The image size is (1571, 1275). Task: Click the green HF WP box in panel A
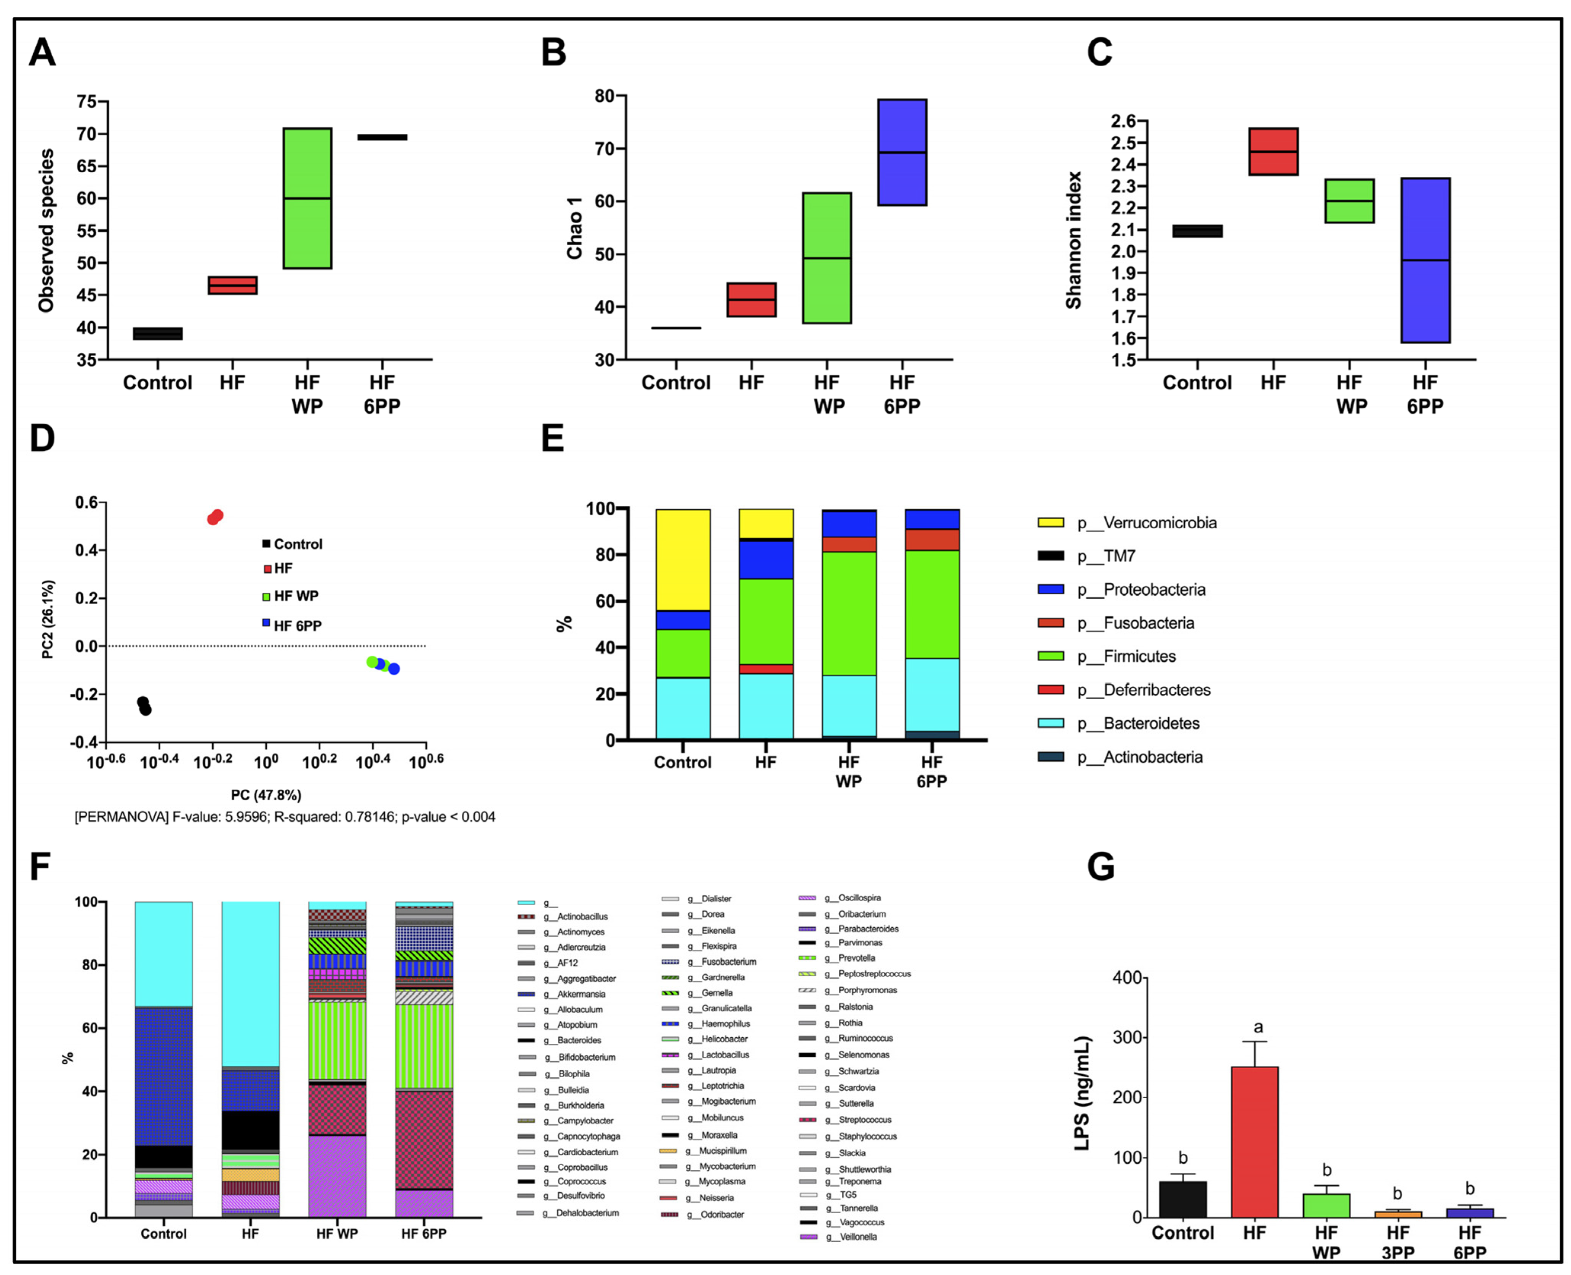307,198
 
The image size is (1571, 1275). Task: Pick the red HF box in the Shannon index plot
1273,151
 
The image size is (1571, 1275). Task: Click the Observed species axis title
46,230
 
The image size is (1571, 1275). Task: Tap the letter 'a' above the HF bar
1257,1027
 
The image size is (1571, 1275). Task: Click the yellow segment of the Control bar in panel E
682,560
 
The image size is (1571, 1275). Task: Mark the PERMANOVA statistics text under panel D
285,817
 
